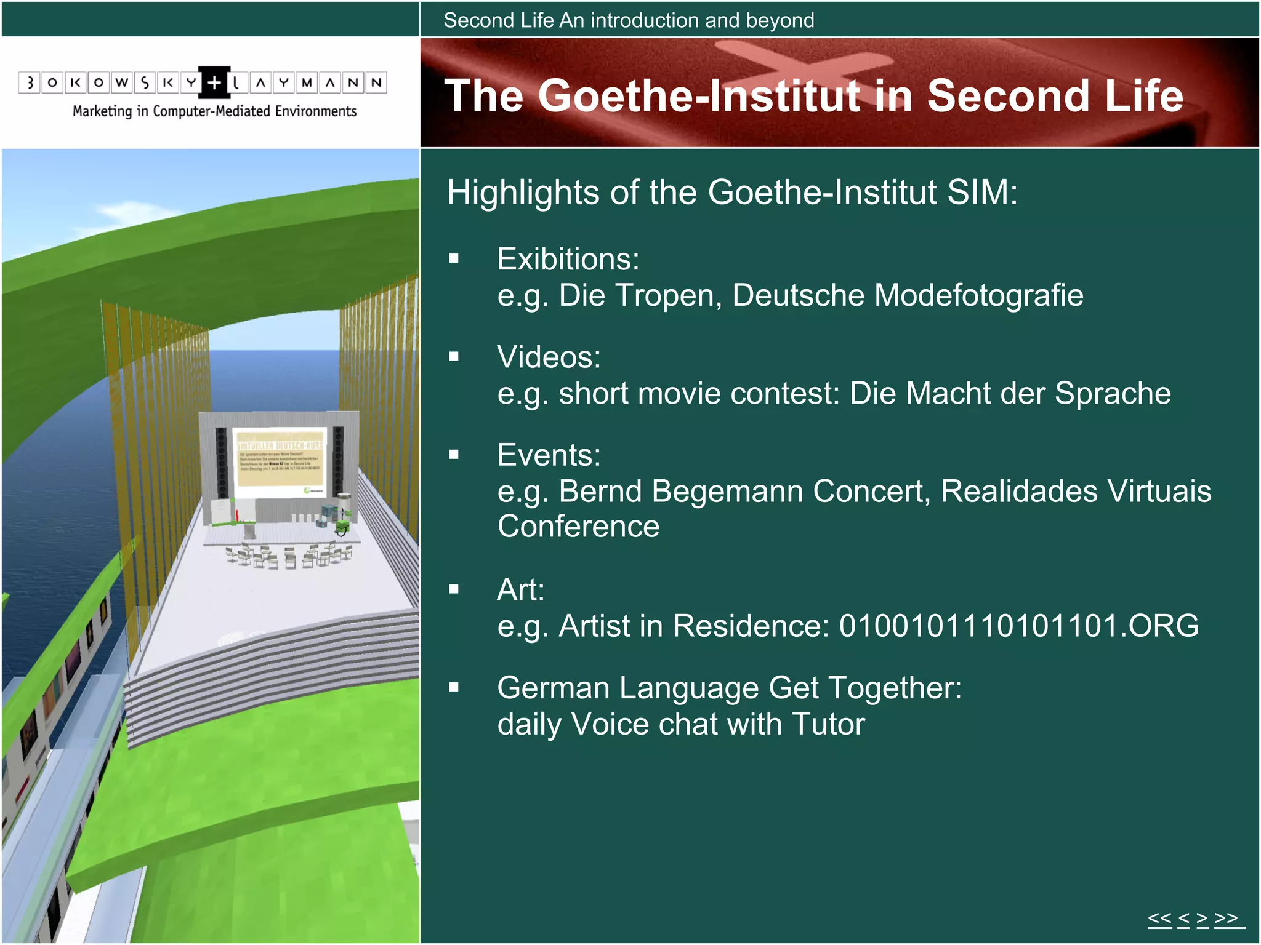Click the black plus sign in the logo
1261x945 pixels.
tap(214, 82)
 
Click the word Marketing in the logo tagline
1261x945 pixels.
tap(102, 111)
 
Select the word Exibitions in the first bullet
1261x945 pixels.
tap(567, 259)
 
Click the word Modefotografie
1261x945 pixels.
tap(978, 295)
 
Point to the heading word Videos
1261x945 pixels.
tap(548, 357)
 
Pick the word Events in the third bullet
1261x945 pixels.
tap(548, 455)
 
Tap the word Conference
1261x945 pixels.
tap(578, 527)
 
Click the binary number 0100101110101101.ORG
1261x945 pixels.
tap(1018, 626)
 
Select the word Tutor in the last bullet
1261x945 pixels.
tap(828, 724)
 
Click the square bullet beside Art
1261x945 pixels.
tap(454, 589)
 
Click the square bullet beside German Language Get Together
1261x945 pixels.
tap(454, 687)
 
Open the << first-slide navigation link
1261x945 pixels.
tap(1159, 919)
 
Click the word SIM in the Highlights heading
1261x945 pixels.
tap(981, 193)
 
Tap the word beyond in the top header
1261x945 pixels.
tap(780, 20)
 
